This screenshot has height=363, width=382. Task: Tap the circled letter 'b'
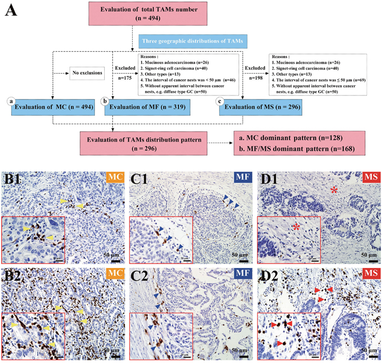(x=103, y=101)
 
